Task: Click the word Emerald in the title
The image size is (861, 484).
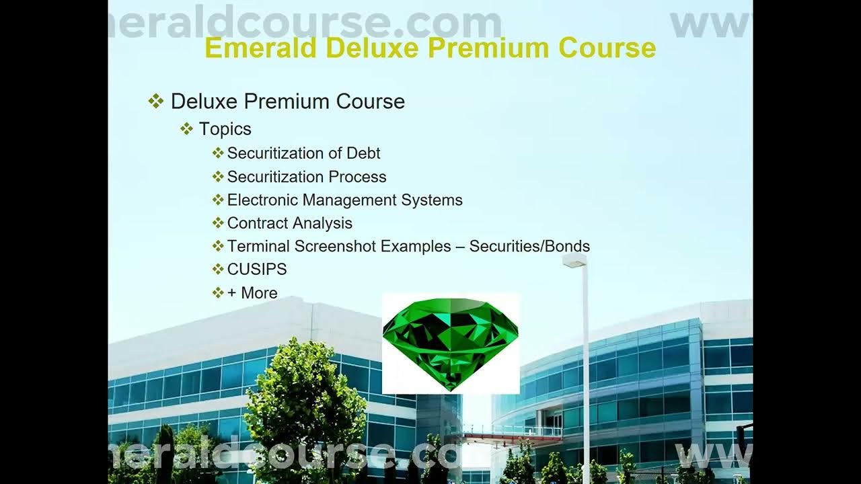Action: [260, 48]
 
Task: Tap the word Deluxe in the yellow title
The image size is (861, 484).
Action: [372, 48]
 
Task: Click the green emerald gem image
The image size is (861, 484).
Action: [451, 344]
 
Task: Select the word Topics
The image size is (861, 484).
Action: [225, 129]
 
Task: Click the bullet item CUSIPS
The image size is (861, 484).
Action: [257, 270]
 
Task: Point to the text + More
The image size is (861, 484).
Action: [252, 292]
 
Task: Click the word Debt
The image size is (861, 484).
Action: [363, 153]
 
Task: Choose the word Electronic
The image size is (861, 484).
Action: [262, 200]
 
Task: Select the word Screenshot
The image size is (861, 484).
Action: [335, 246]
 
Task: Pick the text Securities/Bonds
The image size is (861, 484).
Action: [529, 246]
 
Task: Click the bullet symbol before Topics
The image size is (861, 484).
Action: [186, 128]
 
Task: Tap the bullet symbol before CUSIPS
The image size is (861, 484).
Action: [218, 269]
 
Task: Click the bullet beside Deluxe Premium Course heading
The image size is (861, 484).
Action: [155, 102]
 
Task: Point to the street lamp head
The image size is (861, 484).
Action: [574, 259]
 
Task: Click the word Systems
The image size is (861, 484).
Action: [432, 200]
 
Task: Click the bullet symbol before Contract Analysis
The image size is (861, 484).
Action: [218, 223]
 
